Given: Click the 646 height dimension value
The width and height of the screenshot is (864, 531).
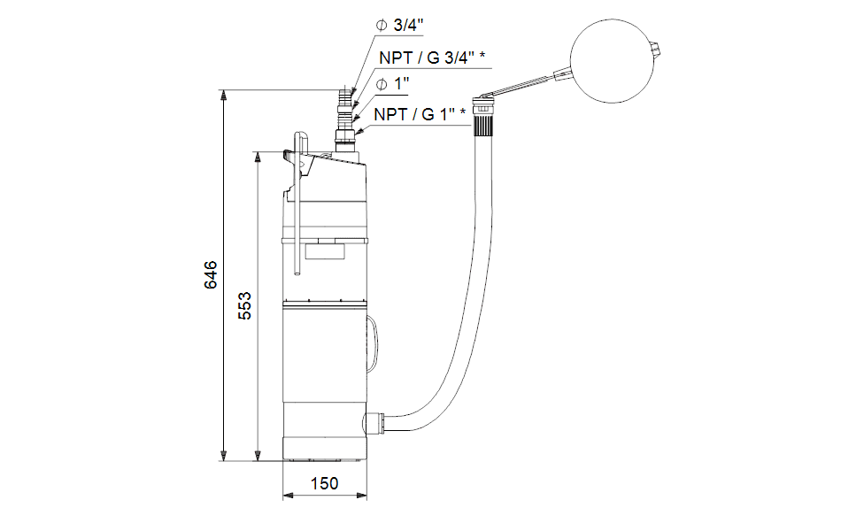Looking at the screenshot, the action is pos(211,275).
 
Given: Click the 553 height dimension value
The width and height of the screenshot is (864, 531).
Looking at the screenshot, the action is pos(244,305).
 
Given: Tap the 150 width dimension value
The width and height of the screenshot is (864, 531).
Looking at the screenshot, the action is pos(324,483).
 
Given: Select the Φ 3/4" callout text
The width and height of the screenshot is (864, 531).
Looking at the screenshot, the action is pos(399,25).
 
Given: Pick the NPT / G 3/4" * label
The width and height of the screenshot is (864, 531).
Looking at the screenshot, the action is pos(432,58).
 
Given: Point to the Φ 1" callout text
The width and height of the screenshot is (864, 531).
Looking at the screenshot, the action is pos(392,84).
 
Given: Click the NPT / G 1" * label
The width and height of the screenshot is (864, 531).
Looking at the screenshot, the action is pos(420,114).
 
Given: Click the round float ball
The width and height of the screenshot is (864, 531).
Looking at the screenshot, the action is pos(612,60).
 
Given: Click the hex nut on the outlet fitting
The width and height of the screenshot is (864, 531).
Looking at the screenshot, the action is pos(345,135).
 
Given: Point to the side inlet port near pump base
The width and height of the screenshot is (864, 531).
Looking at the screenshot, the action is pos(372,422).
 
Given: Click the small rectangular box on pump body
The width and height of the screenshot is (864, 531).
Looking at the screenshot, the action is pos(325,251).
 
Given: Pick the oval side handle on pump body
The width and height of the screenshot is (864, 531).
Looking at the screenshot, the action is pos(373,343).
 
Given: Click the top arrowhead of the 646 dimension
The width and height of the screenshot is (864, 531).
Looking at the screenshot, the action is pos(223,95).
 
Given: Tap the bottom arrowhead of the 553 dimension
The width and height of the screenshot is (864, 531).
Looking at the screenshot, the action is pos(258,456).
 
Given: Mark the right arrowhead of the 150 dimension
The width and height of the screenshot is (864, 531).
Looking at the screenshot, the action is pos(361,496).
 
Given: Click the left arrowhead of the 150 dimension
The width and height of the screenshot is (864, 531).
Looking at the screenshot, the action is pos(289,496).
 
